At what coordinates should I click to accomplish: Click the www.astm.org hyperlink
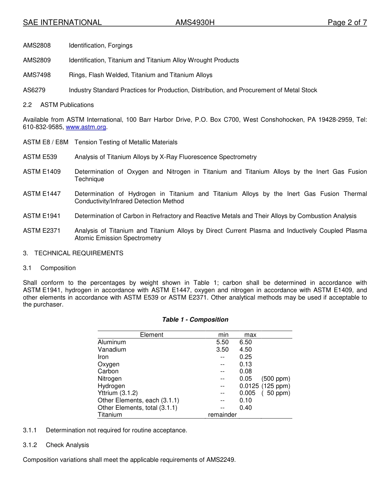pos(86,127)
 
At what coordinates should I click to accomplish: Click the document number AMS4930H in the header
pos(195,23)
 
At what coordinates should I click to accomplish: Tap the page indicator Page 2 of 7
pos(347,23)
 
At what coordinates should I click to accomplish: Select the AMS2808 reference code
pos(37,45)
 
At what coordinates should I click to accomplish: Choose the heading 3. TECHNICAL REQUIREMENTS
pos(73,253)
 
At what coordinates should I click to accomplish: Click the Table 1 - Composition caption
pos(195,320)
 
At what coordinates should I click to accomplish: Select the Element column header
pos(151,335)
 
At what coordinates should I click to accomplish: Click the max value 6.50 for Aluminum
pos(245,342)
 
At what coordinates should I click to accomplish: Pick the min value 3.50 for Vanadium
pos(222,350)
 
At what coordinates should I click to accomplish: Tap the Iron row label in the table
pos(103,357)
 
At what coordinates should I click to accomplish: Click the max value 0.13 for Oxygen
pos(245,364)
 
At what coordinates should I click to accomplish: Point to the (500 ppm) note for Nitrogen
pos(275,379)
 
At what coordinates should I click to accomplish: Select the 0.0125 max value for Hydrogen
pos(249,386)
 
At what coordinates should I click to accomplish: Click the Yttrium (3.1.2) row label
pos(117,393)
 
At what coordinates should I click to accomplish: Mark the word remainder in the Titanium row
pos(222,415)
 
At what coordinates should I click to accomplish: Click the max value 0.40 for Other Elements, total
pos(245,408)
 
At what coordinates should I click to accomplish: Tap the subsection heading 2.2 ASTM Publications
pos(58,105)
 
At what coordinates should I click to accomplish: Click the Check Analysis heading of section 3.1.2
pos(67,445)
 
